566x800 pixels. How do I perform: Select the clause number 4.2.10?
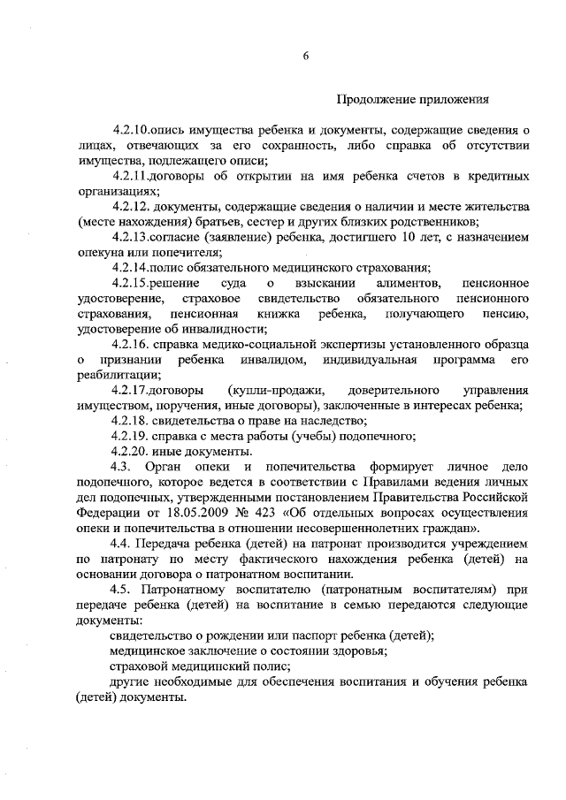click(131, 131)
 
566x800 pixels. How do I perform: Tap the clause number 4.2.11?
click(131, 176)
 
